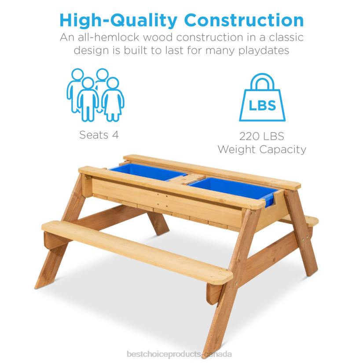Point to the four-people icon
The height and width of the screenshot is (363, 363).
(x=95, y=94)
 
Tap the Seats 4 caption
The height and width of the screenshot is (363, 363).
(x=99, y=135)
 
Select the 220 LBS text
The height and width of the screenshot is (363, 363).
(x=262, y=136)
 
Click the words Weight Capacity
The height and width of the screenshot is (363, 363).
(x=262, y=149)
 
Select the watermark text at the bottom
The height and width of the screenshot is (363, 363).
(x=182, y=354)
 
